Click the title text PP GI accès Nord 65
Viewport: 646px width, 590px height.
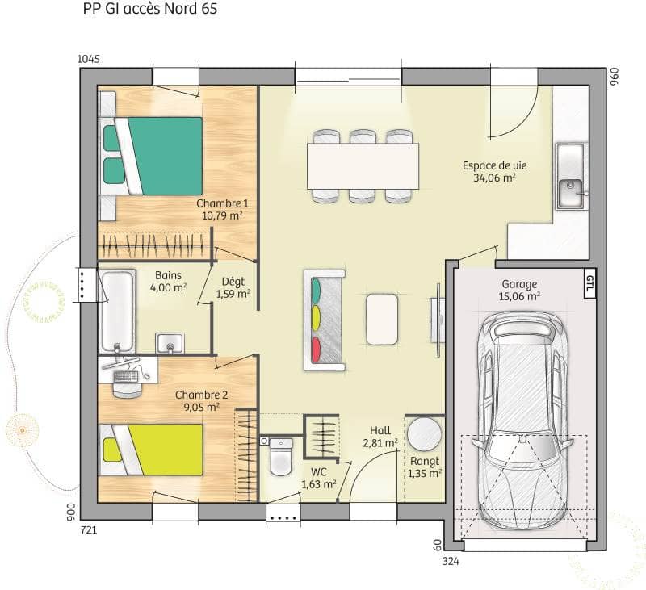click(x=150, y=10)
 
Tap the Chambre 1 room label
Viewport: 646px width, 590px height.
click(x=222, y=203)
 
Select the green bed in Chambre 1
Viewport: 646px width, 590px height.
click(x=161, y=156)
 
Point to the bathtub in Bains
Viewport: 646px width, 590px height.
click(x=116, y=310)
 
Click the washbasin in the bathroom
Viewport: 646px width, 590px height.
click(x=170, y=343)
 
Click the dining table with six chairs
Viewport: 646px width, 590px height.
click(x=363, y=165)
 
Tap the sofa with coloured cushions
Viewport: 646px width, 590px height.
click(x=324, y=320)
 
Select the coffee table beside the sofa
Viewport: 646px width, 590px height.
click(x=381, y=318)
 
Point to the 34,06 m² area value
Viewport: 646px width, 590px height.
click(x=495, y=179)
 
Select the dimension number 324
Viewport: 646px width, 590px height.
click(x=451, y=559)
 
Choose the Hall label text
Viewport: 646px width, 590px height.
click(x=380, y=430)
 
